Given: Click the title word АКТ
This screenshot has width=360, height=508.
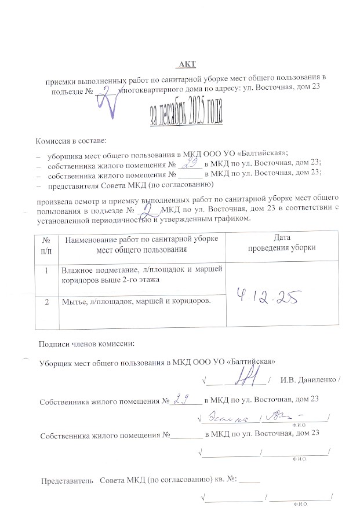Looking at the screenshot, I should [188, 63].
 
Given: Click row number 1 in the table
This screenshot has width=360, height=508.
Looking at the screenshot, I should [46, 270].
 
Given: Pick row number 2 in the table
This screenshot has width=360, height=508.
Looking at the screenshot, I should [46, 301].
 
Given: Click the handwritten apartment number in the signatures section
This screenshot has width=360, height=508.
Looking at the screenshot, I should [184, 399].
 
